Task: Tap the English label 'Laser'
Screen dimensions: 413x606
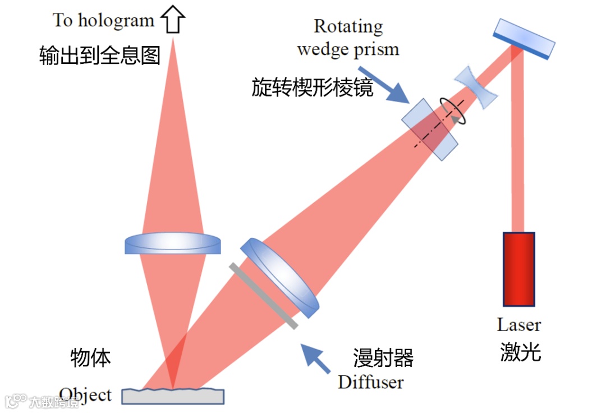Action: click(x=518, y=324)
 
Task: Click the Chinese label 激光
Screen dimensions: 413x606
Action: click(x=520, y=352)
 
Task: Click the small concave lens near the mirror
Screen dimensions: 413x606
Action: click(x=476, y=87)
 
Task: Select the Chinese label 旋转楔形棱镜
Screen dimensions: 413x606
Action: click(x=312, y=87)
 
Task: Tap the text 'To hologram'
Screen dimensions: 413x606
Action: click(x=103, y=21)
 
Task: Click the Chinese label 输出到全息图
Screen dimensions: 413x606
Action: click(x=100, y=55)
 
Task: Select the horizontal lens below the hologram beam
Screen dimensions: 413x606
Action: click(x=172, y=244)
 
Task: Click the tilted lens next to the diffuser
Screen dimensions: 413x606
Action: click(x=279, y=276)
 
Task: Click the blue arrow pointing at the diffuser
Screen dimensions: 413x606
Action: click(x=314, y=358)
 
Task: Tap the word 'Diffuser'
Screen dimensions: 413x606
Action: click(x=370, y=382)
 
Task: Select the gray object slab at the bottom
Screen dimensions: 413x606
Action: click(x=173, y=396)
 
